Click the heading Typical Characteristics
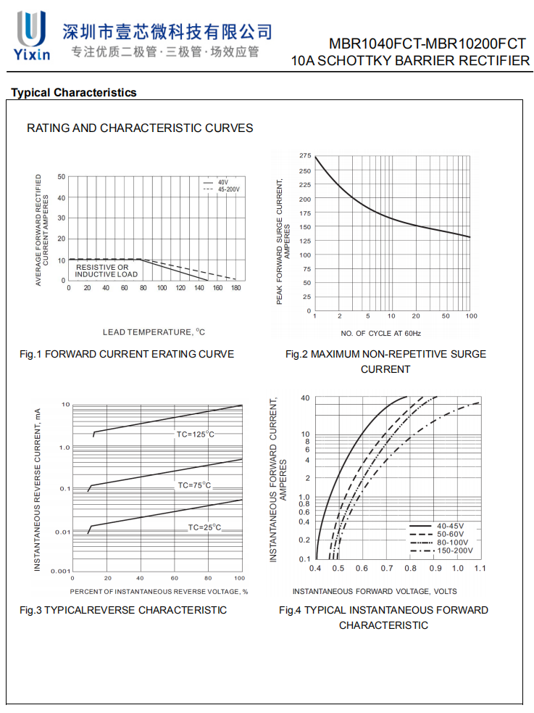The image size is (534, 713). click(73, 93)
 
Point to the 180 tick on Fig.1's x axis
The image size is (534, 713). click(235, 288)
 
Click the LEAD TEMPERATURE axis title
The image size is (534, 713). click(154, 332)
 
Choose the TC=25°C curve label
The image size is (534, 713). click(204, 527)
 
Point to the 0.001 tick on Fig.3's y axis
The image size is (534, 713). click(61, 571)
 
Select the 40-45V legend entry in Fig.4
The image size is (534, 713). click(451, 525)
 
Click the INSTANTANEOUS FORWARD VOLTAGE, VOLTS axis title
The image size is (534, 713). click(375, 592)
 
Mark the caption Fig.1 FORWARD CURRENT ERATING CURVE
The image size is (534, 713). click(127, 355)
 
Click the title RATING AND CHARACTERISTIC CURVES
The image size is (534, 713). click(140, 128)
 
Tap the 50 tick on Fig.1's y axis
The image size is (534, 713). click(62, 177)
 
